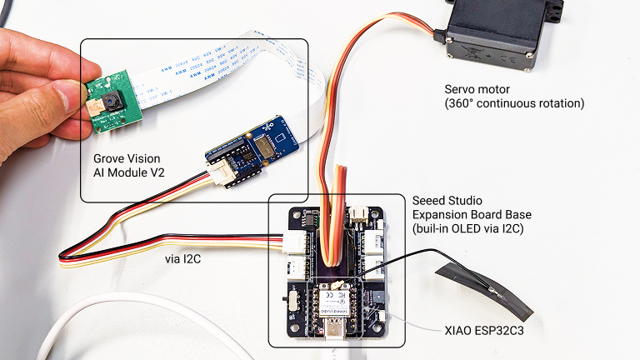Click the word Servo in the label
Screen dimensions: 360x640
pos(462,89)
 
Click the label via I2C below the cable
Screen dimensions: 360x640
pos(184,260)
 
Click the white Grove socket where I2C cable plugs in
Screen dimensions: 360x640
pos(295,242)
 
